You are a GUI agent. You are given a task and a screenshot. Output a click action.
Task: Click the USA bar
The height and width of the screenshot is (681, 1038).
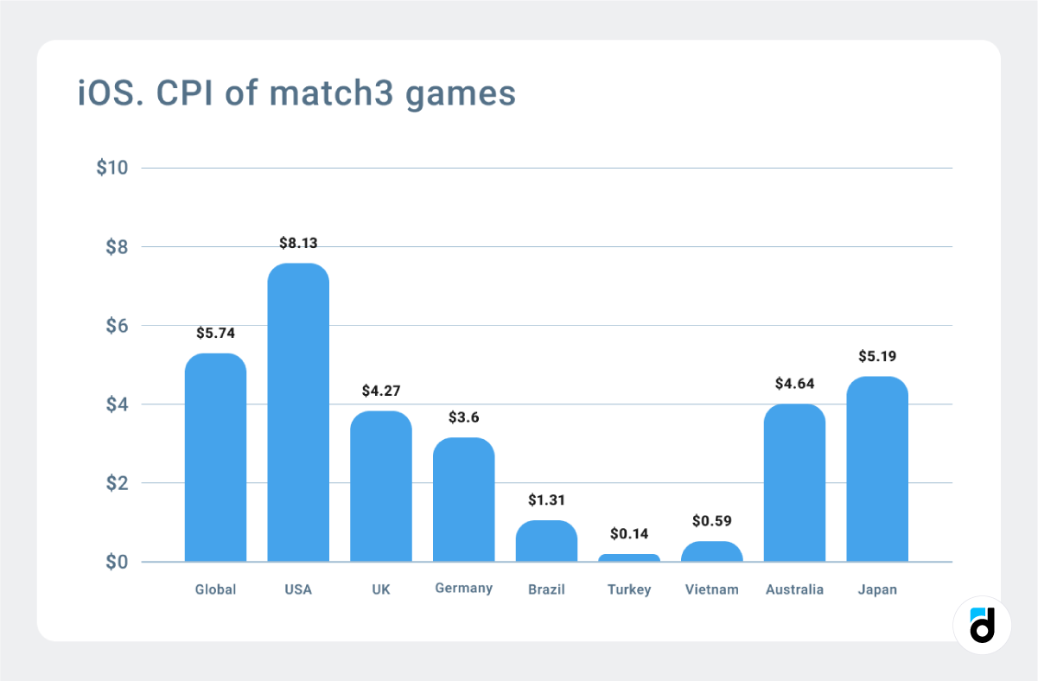point(298,413)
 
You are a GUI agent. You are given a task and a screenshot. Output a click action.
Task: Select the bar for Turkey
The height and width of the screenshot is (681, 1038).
point(629,557)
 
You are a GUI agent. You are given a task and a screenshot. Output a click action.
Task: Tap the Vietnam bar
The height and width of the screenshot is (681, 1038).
point(712,551)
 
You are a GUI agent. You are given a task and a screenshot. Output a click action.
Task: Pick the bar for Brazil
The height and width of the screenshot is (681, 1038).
point(546,541)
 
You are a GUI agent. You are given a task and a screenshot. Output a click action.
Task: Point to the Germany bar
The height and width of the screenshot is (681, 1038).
point(463,500)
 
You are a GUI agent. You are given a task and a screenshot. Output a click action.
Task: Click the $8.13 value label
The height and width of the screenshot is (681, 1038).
point(298,243)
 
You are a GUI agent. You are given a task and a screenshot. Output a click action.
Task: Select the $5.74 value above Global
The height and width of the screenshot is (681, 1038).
point(215,333)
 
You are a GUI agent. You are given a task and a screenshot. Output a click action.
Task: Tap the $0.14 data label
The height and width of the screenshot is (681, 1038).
point(629,533)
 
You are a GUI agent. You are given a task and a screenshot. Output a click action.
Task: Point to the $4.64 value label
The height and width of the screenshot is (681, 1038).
point(795,383)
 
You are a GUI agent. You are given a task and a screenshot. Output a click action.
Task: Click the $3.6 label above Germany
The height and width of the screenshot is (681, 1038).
point(463,417)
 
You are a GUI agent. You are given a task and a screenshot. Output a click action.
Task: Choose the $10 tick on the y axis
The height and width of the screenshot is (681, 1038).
point(112,168)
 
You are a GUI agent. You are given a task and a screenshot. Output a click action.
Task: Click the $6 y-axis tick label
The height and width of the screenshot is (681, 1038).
point(117,326)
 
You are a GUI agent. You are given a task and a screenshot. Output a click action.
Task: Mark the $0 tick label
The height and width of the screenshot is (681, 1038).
point(117,563)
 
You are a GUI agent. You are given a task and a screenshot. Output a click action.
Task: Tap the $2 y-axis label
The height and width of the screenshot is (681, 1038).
point(117,483)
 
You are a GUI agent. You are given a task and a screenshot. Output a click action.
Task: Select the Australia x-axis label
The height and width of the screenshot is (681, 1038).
point(794,589)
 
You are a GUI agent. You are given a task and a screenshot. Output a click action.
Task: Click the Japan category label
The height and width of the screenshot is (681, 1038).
point(877,589)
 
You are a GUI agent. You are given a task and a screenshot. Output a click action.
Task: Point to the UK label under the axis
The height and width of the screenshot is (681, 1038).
point(380,589)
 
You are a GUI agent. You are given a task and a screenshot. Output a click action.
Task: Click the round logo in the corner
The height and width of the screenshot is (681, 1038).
point(982,625)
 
